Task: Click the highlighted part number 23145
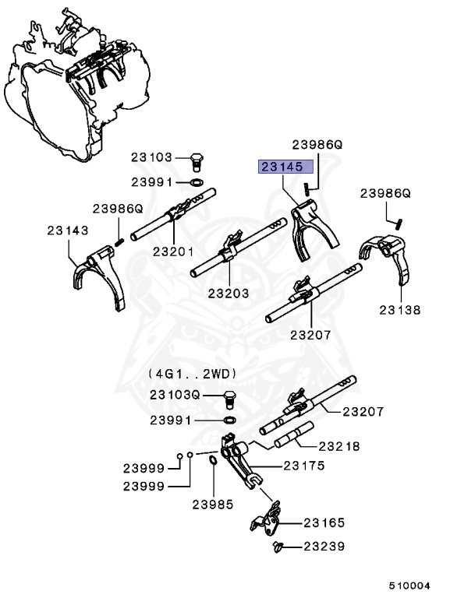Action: pyautogui.click(x=286, y=167)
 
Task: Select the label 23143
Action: pyautogui.click(x=66, y=230)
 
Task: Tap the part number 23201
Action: pyautogui.click(x=173, y=251)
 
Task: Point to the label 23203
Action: pyautogui.click(x=229, y=294)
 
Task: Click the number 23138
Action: pyautogui.click(x=399, y=309)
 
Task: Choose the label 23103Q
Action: pyautogui.click(x=175, y=396)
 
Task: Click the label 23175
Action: pyautogui.click(x=303, y=466)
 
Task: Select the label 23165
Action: pyautogui.click(x=324, y=523)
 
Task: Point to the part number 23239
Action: pyautogui.click(x=324, y=547)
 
